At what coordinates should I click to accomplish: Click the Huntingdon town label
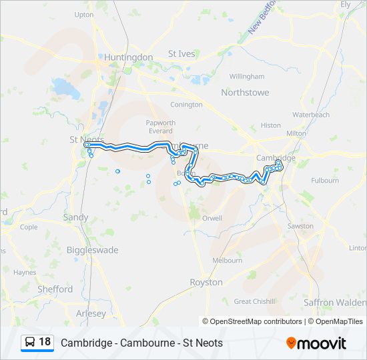[x=129, y=57]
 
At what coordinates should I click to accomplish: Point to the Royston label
[x=206, y=282]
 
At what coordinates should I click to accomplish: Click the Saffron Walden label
[x=334, y=302]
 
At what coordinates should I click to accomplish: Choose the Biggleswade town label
[x=93, y=250]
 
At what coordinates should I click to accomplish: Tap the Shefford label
[x=55, y=289]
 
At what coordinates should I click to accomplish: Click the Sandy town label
[x=75, y=217]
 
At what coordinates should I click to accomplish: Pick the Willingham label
[x=247, y=77]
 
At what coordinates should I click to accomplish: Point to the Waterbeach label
[x=311, y=115]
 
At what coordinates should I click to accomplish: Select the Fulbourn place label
[x=325, y=180]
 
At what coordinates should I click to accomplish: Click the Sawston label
[x=300, y=226]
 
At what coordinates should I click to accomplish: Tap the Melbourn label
[x=227, y=261]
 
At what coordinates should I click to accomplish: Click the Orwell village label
[x=212, y=218]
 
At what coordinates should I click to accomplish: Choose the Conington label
[x=186, y=105]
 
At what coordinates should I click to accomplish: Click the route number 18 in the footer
[x=45, y=342]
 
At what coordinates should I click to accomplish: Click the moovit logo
[x=316, y=343]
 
